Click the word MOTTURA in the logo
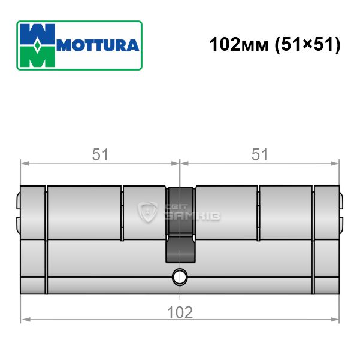(98, 45)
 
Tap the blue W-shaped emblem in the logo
(37, 34)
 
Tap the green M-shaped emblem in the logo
(37, 57)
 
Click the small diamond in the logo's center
(37, 45)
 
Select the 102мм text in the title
(239, 44)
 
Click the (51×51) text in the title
(307, 45)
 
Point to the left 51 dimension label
(100, 154)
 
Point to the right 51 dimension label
(260, 154)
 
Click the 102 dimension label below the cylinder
(180, 312)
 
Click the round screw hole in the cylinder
(180, 277)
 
